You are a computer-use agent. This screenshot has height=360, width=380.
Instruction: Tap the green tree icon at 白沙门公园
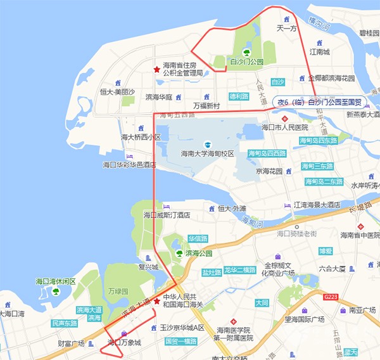click(x=246, y=52)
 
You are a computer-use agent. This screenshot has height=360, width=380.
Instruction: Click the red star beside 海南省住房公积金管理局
click(x=156, y=69)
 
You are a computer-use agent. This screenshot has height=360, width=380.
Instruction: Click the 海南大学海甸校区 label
click(x=207, y=154)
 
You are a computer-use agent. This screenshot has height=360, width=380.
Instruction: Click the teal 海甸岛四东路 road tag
click(x=319, y=140)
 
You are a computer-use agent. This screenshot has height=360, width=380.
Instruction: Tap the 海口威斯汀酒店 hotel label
click(x=167, y=215)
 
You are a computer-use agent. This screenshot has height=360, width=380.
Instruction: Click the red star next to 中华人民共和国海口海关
click(x=156, y=301)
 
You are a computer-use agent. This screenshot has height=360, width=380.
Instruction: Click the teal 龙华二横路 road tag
click(x=239, y=270)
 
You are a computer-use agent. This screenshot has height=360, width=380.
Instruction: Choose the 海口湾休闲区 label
click(x=56, y=281)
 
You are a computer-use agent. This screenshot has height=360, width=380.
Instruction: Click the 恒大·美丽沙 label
click(x=117, y=92)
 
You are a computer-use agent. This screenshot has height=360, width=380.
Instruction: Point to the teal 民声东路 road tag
click(x=65, y=323)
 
